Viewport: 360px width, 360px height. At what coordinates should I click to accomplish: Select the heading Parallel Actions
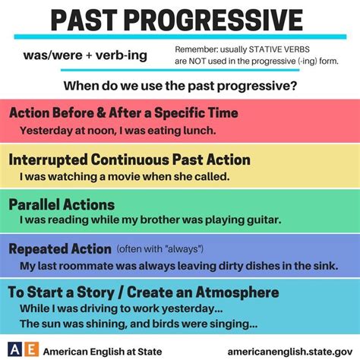coord(62,204)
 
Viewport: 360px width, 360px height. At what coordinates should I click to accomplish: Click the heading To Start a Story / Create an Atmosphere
coord(144,292)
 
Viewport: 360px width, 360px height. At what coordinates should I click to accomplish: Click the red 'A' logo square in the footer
coord(14,349)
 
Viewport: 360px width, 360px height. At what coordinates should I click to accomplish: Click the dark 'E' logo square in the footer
coord(30,349)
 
